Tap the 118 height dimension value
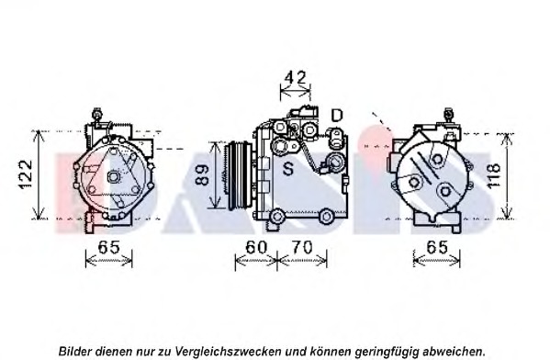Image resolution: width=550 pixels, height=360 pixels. tap(493, 174)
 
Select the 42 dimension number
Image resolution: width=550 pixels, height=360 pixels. tap(294, 78)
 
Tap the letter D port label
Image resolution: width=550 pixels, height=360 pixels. tap(337, 115)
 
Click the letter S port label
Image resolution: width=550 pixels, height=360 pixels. tap(287, 168)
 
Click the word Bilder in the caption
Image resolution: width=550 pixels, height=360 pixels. tap(76, 350)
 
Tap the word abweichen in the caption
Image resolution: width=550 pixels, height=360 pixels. tap(452, 350)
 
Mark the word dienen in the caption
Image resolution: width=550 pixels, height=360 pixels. tap(118, 350)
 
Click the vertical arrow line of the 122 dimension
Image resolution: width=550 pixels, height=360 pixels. tap(38, 174)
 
